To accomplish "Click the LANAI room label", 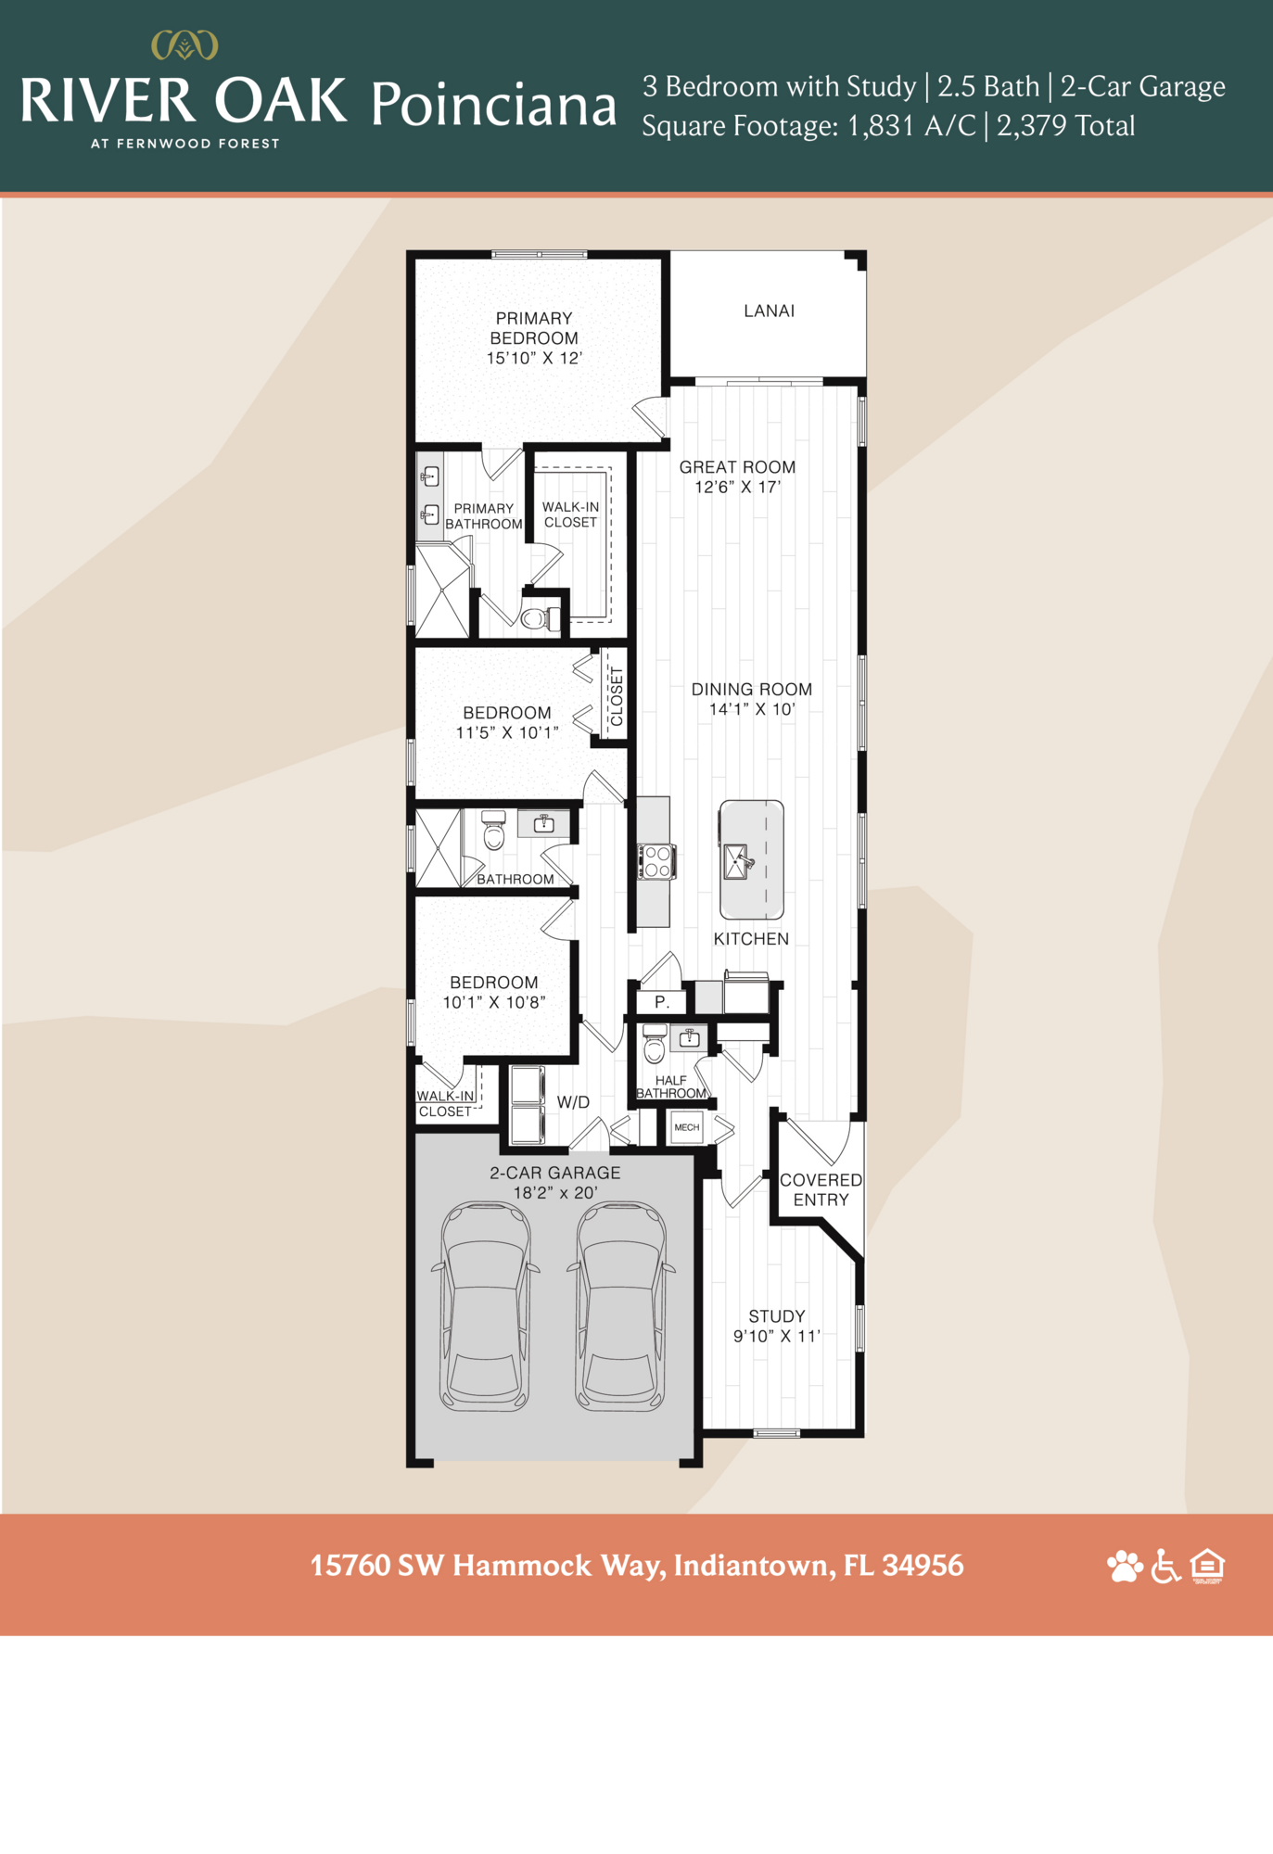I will pyautogui.click(x=769, y=311).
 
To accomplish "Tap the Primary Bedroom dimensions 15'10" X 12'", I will pyautogui.click(x=534, y=358).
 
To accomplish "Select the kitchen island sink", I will pyautogui.click(x=738, y=861).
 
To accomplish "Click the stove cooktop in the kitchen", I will pyautogui.click(x=656, y=861).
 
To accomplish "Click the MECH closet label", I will pyautogui.click(x=687, y=1127).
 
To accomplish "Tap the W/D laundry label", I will pyautogui.click(x=573, y=1102).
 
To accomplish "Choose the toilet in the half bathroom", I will pyautogui.click(x=655, y=1046).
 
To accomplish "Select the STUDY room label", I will pyautogui.click(x=777, y=1316).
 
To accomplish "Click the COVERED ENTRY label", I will pyautogui.click(x=821, y=1189).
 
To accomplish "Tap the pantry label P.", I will pyautogui.click(x=661, y=1002).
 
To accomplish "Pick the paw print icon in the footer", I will pyautogui.click(x=1125, y=1566).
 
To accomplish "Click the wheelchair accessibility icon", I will pyautogui.click(x=1165, y=1566).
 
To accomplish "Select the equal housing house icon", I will pyautogui.click(x=1208, y=1565).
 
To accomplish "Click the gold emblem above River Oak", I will pyautogui.click(x=185, y=44).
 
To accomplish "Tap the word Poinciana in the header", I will pyautogui.click(x=493, y=105).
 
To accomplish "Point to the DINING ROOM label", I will pyautogui.click(x=751, y=690).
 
